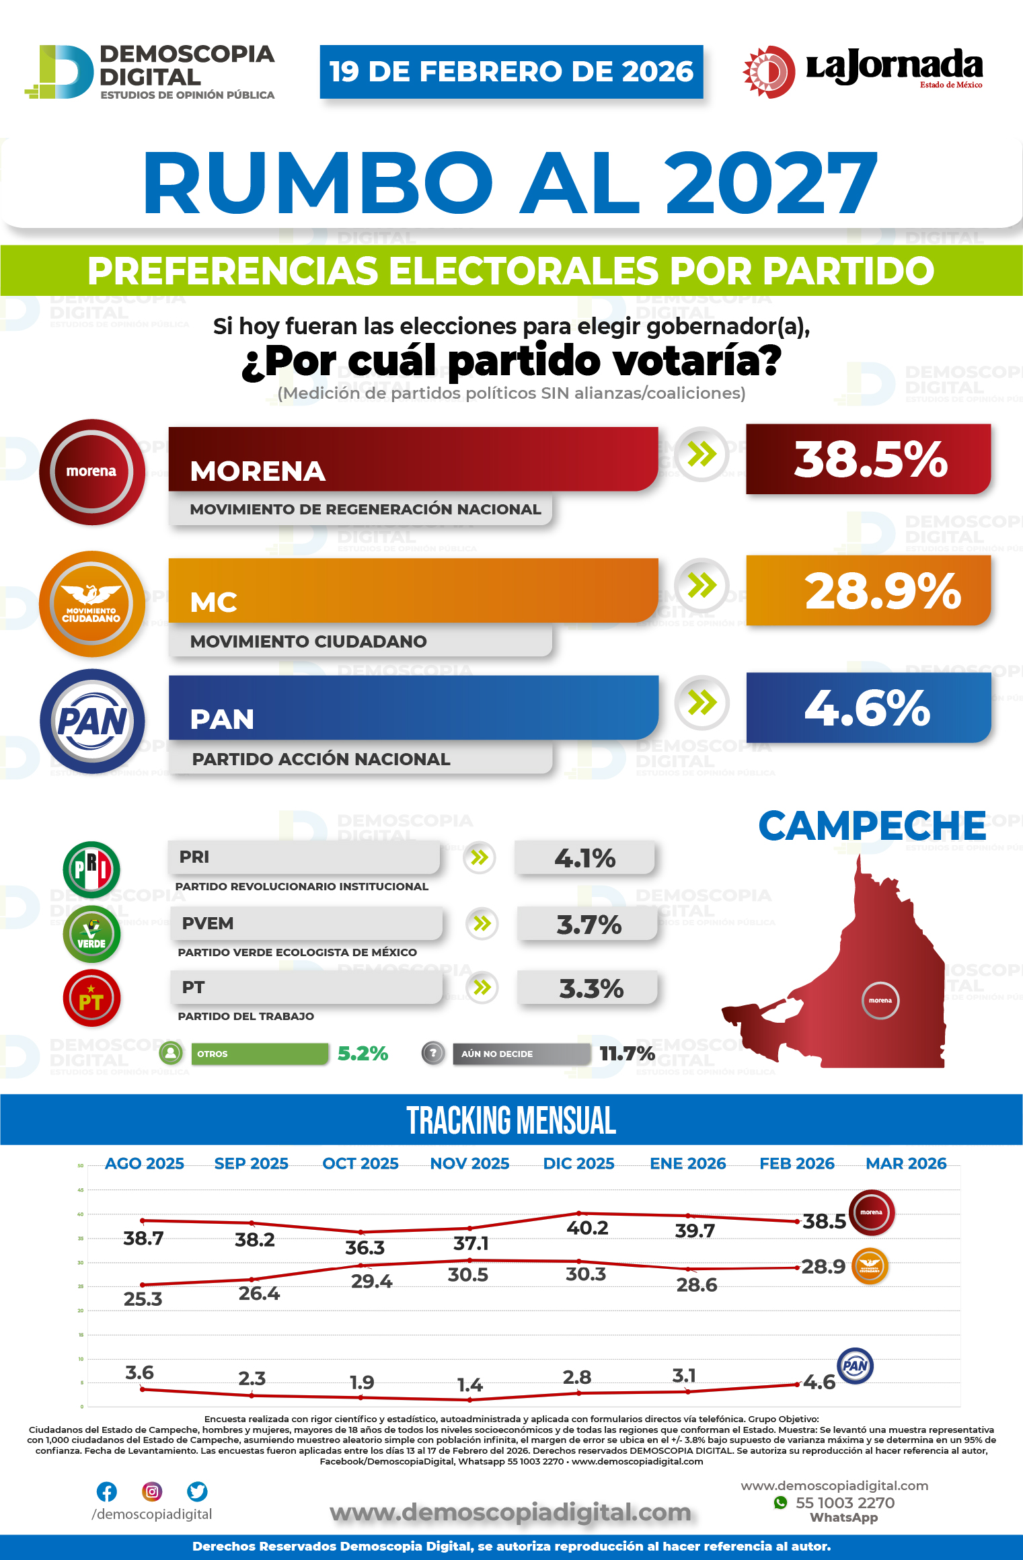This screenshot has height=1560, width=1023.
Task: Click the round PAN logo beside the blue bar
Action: (x=92, y=721)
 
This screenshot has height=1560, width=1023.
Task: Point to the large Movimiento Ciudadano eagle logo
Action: (x=92, y=603)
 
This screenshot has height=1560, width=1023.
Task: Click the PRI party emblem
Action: (x=91, y=869)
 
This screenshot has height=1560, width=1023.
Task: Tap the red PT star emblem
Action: (x=91, y=999)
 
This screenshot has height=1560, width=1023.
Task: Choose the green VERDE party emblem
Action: (x=91, y=934)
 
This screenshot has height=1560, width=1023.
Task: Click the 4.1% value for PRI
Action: (x=584, y=858)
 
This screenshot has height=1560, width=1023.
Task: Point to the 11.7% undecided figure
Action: (x=627, y=1054)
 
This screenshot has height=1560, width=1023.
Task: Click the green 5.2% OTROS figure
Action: (x=363, y=1054)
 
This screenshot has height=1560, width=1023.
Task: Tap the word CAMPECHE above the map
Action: (x=872, y=826)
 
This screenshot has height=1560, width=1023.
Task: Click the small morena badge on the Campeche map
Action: (x=880, y=1001)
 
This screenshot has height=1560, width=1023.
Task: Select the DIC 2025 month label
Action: (x=578, y=1164)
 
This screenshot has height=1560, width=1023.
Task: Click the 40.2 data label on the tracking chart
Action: (x=587, y=1228)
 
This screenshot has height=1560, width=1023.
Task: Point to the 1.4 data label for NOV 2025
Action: (x=469, y=1385)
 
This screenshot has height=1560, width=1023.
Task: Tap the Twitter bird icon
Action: (x=197, y=1491)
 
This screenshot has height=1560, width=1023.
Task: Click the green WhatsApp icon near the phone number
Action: (x=780, y=1503)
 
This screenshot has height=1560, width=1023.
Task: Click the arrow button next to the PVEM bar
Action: (x=482, y=923)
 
